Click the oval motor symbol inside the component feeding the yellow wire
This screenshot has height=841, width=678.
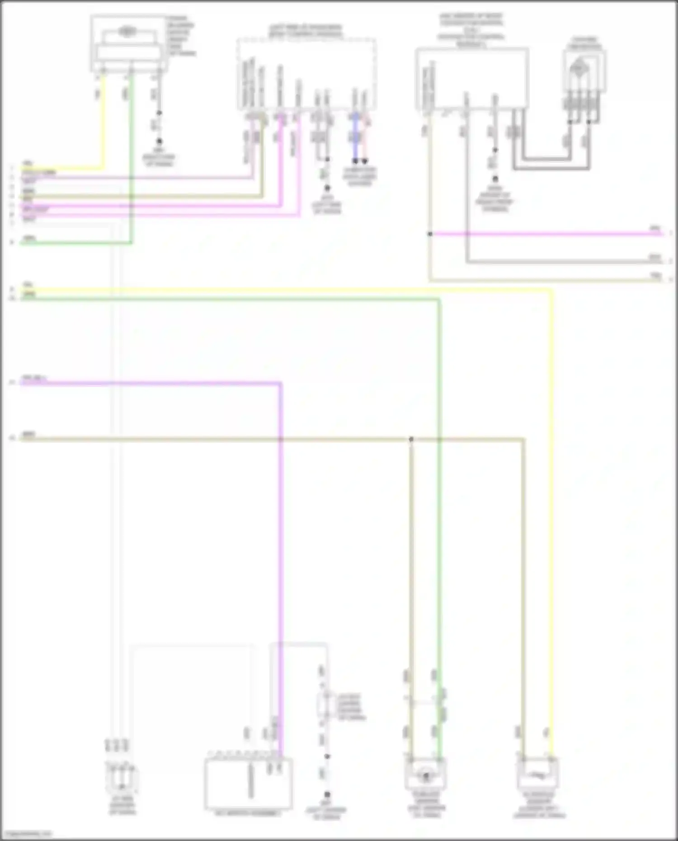(127, 32)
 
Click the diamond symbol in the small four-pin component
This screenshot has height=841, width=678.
(578, 68)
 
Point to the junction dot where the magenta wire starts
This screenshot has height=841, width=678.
(430, 234)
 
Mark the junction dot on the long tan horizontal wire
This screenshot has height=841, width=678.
(411, 439)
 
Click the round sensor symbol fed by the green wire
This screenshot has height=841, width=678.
(425, 776)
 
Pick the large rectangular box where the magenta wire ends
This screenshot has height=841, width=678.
(248, 783)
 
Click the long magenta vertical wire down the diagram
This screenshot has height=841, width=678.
(280, 542)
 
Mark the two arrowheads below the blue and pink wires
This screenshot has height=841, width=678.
(360, 161)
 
